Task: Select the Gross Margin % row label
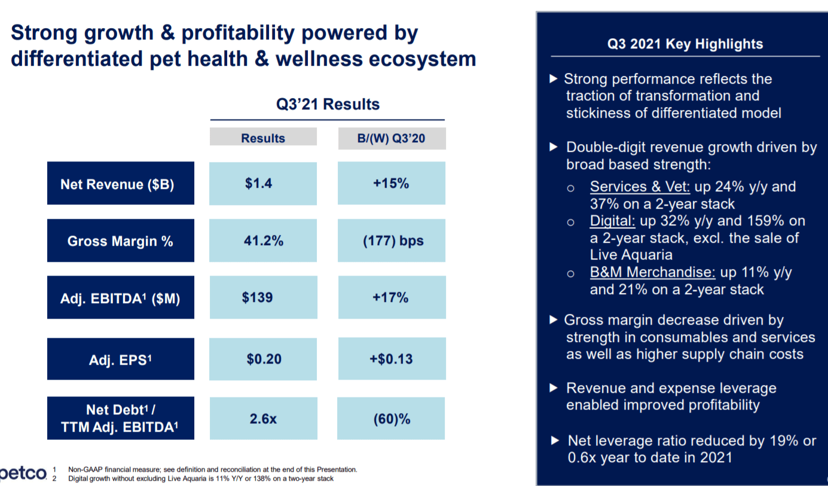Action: [x=120, y=240]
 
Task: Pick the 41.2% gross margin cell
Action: [x=262, y=240]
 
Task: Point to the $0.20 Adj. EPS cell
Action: [x=262, y=359]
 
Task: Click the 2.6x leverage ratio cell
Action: [x=262, y=418]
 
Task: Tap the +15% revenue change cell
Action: [x=391, y=184]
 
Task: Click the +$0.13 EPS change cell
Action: [x=391, y=359]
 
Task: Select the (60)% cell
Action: [x=391, y=418]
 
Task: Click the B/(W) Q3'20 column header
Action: [x=392, y=138]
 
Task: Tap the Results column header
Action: [x=262, y=138]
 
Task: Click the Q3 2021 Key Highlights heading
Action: [x=685, y=44]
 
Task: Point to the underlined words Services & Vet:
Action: [x=640, y=187]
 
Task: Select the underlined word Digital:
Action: [x=612, y=221]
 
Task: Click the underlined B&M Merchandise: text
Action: [x=652, y=273]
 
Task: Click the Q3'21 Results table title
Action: [x=327, y=104]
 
